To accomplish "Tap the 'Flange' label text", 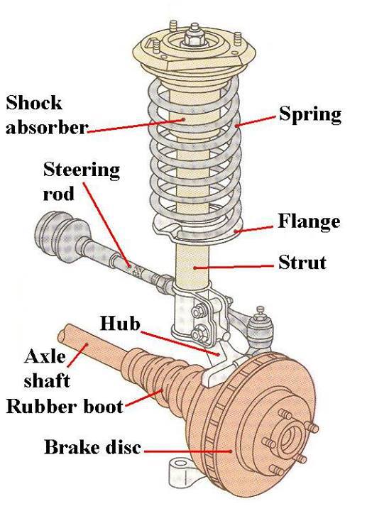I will click(310, 222).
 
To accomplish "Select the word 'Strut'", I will click(302, 263).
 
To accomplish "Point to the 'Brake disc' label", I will click(92, 448).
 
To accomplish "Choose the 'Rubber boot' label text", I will click(64, 407).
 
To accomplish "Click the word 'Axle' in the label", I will click(44, 356).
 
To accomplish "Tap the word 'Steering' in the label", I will click(82, 171).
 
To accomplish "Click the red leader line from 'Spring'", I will click(256, 121).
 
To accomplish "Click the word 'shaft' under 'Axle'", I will click(48, 380).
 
